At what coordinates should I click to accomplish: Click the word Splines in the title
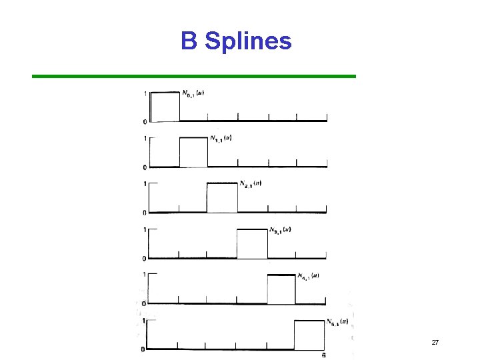(248, 42)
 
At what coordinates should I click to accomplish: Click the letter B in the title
(189, 41)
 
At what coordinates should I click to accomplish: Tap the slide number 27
(435, 342)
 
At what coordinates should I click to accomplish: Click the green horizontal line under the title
(194, 76)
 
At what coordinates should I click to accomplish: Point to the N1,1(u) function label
(221, 139)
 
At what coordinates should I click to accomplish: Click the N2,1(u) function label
(249, 184)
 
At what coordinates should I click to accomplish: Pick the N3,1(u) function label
(280, 230)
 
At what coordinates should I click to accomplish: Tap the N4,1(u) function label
(308, 275)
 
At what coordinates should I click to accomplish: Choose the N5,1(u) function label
(337, 322)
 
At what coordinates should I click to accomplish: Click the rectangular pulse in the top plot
(165, 106)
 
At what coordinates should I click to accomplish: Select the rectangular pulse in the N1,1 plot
(194, 152)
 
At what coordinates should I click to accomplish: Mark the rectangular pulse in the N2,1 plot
(222, 197)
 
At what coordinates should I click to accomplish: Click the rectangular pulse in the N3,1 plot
(253, 243)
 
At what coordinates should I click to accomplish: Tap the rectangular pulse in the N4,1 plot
(281, 289)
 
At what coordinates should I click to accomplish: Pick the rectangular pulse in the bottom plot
(310, 335)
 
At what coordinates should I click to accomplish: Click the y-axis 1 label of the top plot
(145, 93)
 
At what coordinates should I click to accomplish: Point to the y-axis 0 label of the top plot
(145, 121)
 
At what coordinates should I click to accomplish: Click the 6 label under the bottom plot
(324, 355)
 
